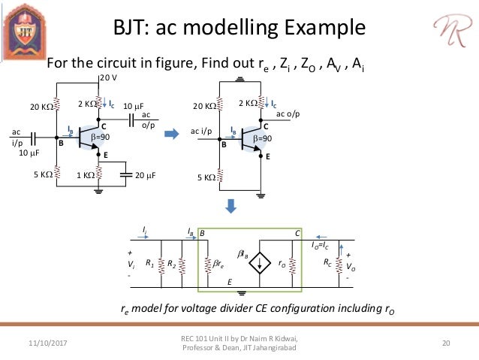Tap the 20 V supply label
pos(109,77)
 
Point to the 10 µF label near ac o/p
pos(133,105)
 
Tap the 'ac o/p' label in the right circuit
pos(288,114)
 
